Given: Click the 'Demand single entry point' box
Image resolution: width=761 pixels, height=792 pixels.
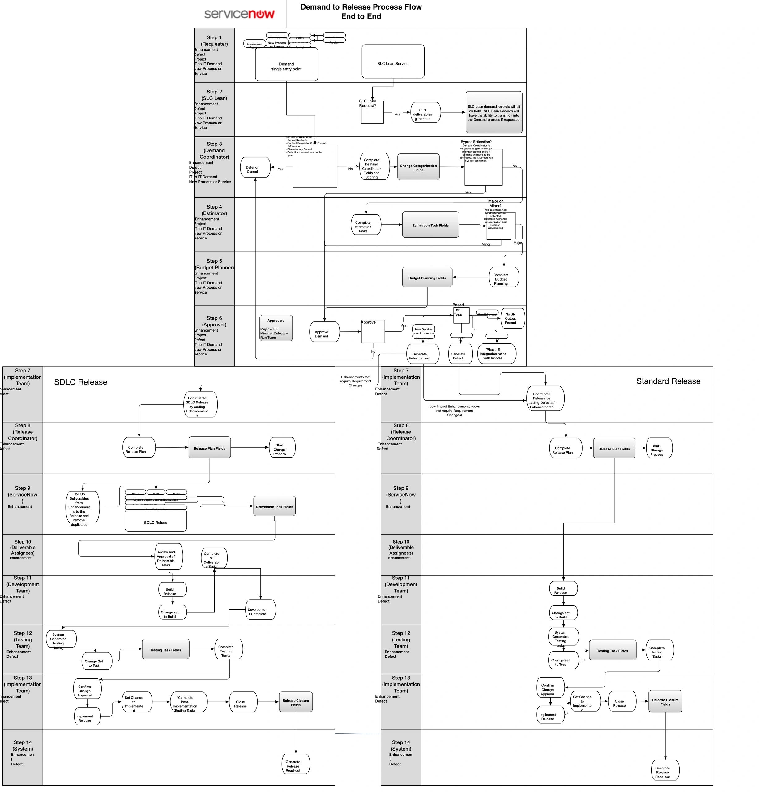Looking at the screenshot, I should click(x=286, y=65).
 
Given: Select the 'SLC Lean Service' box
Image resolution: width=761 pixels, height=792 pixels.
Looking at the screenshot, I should click(x=393, y=62).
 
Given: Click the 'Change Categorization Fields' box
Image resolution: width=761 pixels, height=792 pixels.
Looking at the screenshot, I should click(x=418, y=167).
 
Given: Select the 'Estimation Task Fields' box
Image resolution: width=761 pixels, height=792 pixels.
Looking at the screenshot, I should click(x=430, y=224).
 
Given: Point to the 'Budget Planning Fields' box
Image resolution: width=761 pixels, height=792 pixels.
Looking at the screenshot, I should click(x=427, y=277).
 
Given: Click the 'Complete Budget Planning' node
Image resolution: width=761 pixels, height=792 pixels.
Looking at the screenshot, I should click(x=503, y=278).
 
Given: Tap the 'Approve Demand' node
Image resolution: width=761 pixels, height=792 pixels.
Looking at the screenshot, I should click(x=324, y=332).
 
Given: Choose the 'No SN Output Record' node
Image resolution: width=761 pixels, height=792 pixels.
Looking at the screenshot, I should click(x=512, y=318).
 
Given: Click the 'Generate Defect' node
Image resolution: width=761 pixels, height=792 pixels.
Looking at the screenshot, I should click(x=460, y=354).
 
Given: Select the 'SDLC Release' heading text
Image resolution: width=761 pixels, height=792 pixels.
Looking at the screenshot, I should click(x=81, y=382).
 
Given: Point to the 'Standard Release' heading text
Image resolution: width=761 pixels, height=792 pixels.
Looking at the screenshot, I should click(x=668, y=381).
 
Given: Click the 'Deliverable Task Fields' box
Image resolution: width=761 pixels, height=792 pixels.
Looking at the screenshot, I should click(x=275, y=506).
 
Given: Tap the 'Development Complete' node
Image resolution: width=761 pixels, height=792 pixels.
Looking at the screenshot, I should click(x=261, y=610).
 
